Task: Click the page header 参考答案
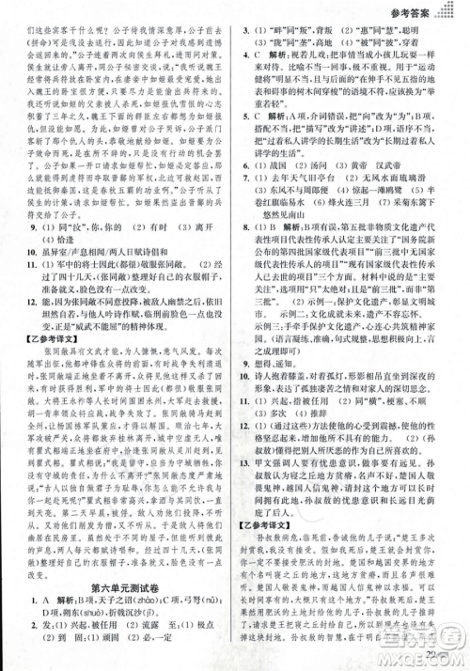pos(419,14)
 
